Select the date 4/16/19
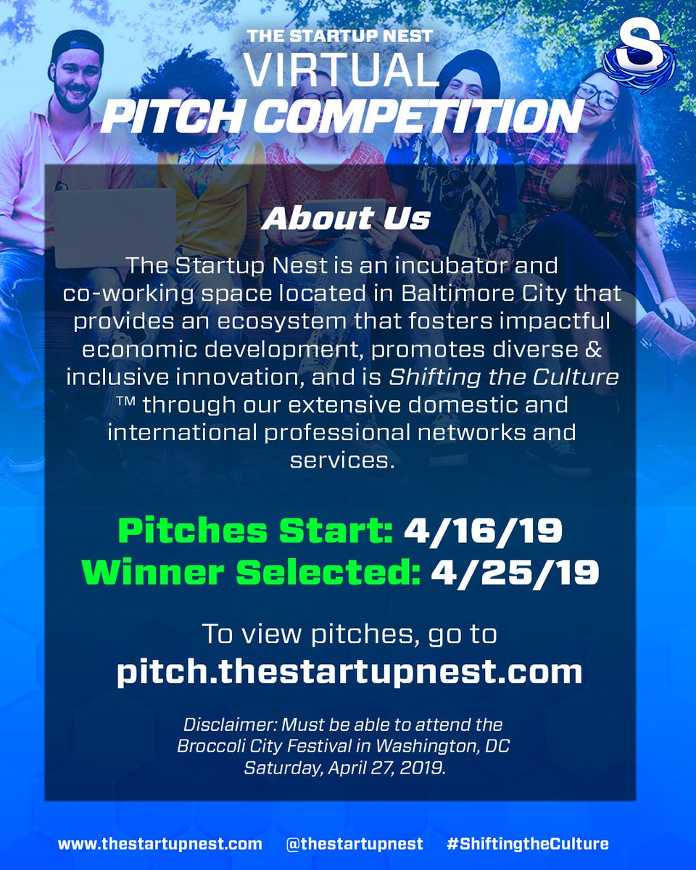[x=483, y=531]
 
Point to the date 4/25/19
[x=515, y=573]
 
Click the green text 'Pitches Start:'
[x=255, y=531]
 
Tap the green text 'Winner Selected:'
[x=251, y=573]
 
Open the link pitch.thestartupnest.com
[x=349, y=671]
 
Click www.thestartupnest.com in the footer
[x=160, y=843]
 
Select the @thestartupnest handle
[x=354, y=843]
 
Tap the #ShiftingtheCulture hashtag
[x=527, y=843]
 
